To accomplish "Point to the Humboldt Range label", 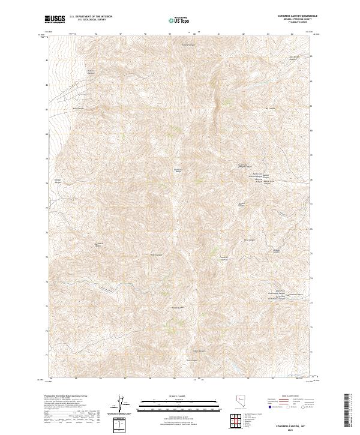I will [x=178, y=171].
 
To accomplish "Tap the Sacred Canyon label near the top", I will [x=188, y=44].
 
